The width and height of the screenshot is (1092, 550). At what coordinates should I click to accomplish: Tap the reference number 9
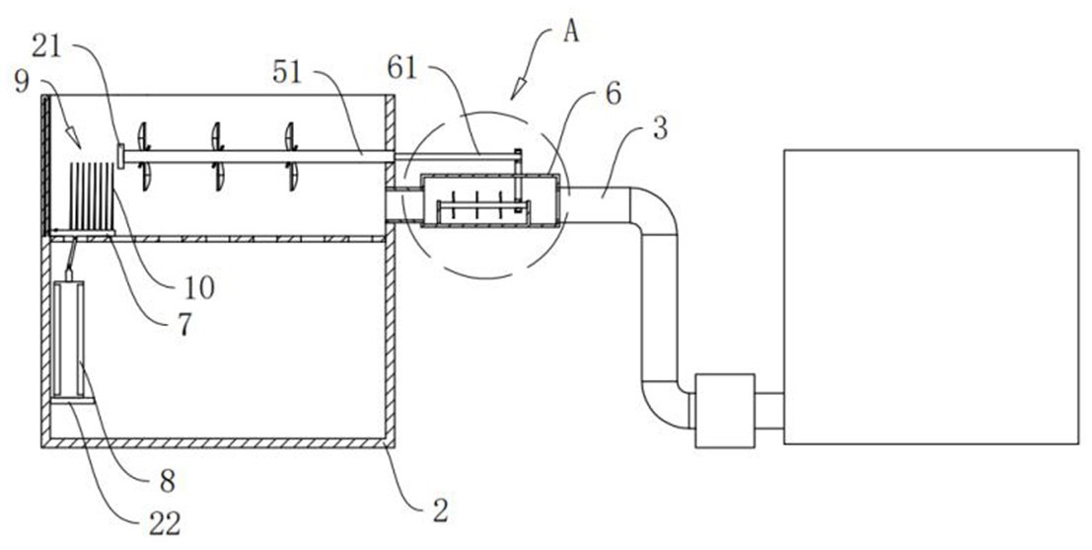coord(21,81)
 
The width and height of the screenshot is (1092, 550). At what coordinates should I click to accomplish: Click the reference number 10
coord(201,287)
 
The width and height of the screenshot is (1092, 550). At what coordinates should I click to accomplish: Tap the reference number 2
coord(440,510)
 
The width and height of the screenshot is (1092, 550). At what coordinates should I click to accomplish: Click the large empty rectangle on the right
coord(930,296)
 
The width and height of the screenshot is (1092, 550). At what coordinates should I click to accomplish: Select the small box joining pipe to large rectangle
coord(725,411)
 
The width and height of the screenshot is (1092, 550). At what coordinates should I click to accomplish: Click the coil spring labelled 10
coord(96,198)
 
